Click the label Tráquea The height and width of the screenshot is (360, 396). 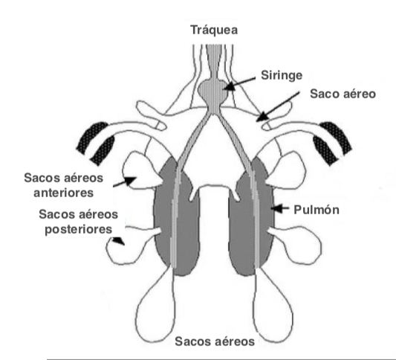214,30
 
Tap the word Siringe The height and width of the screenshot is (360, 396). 282,76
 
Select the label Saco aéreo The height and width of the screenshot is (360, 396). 343,94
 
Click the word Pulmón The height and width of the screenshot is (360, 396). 317,210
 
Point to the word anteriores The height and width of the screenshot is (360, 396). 64,193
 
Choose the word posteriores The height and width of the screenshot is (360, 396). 79,230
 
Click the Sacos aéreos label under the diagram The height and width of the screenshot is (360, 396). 215,341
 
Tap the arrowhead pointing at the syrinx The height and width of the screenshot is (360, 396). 228,87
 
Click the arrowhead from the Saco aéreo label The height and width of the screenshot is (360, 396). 262,117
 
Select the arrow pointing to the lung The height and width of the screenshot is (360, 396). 280,208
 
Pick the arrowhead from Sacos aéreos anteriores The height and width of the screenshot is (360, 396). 130,180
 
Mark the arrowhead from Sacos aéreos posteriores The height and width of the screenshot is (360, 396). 118,240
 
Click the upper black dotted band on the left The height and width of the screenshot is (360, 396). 92,137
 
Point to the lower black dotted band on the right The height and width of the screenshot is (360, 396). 325,150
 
